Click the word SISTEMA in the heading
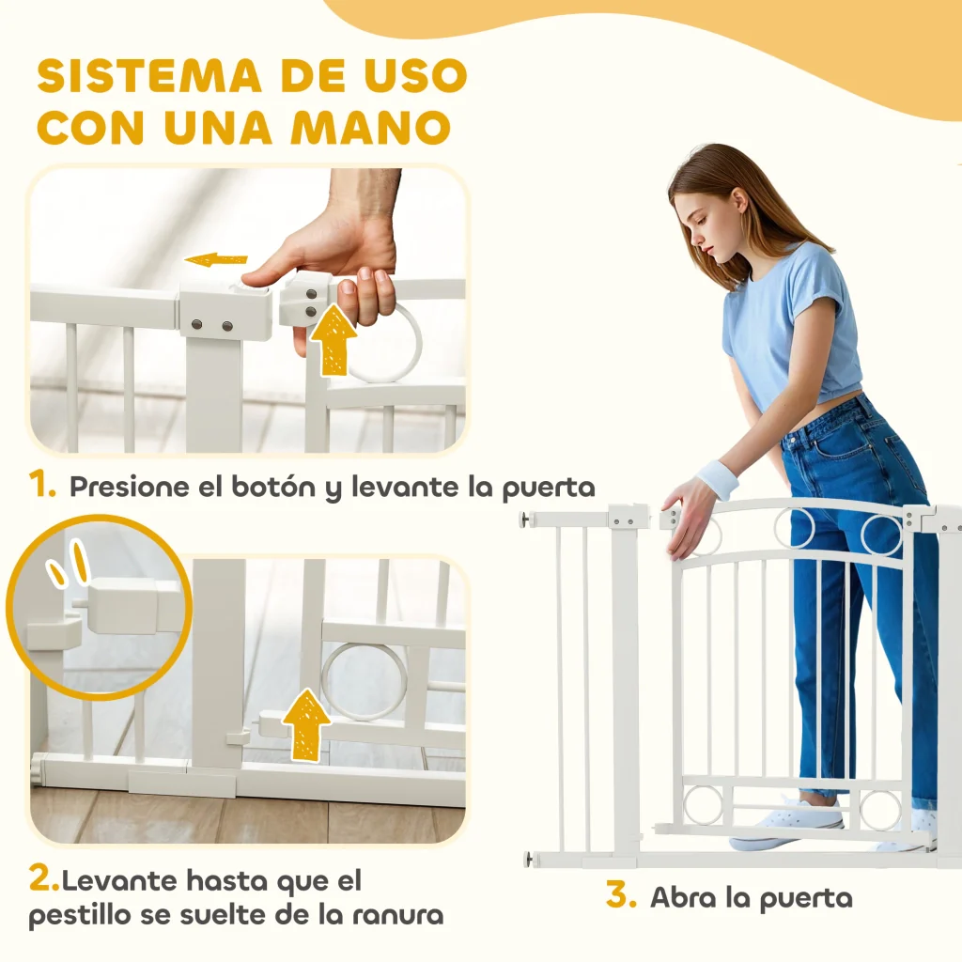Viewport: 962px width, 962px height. [149, 76]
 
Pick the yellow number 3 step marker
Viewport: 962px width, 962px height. [621, 894]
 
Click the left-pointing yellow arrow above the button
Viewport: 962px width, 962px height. [216, 260]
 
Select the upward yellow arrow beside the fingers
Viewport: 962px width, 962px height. [334, 339]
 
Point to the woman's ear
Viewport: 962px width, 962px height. [738, 204]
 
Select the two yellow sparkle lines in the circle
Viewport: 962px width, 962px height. [69, 562]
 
